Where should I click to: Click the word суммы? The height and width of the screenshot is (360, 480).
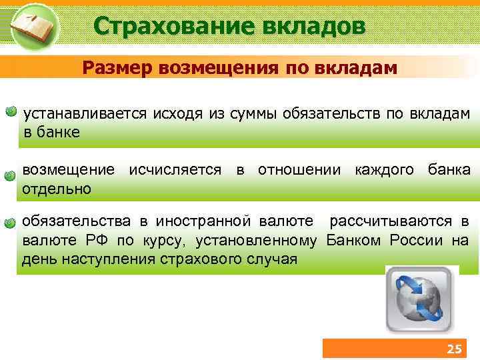coord(247,114)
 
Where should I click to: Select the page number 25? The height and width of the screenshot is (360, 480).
coord(454,349)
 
